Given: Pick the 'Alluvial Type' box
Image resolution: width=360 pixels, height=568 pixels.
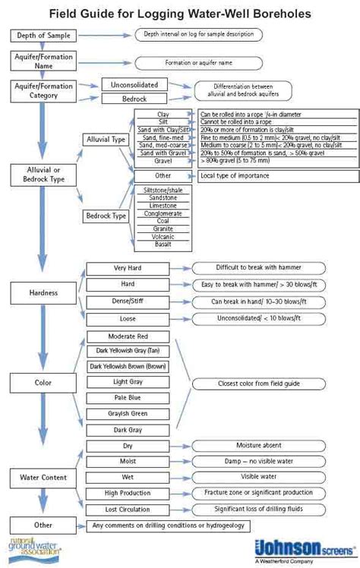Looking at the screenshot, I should (x=106, y=139).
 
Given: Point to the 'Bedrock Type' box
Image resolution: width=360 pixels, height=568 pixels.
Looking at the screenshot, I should (x=106, y=216).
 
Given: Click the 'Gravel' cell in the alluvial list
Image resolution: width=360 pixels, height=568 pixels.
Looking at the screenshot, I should (x=163, y=161).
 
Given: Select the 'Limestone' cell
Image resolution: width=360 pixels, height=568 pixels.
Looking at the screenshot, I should (x=163, y=205).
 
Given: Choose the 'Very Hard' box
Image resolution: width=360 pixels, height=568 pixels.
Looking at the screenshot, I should (x=128, y=268).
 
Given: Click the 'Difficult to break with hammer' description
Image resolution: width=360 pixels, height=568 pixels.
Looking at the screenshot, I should (x=258, y=268).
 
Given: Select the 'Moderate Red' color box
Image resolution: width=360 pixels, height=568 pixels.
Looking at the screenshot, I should (x=128, y=336).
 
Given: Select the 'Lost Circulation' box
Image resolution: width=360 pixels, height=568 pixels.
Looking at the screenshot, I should (x=128, y=509).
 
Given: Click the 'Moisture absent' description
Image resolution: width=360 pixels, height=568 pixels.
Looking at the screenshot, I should (x=258, y=445).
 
